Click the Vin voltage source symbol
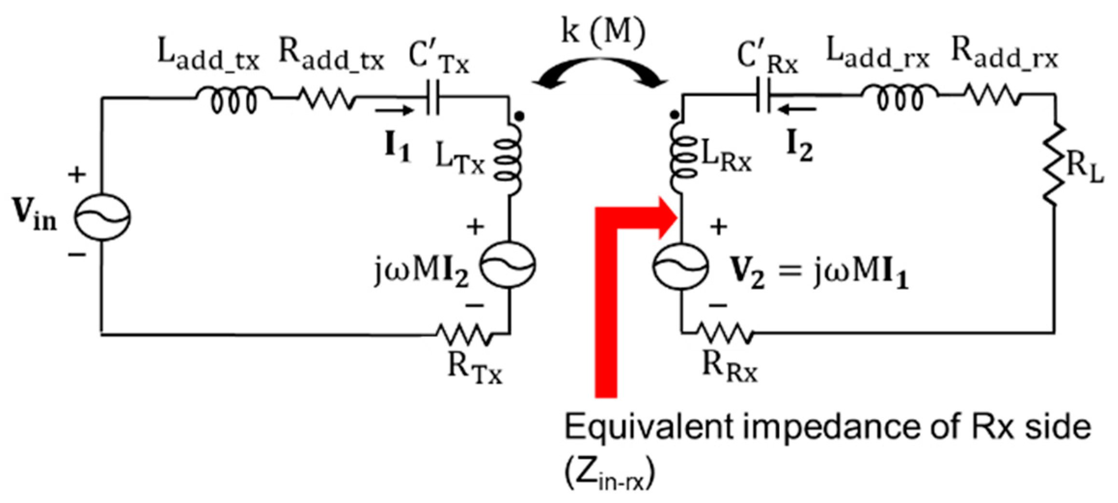102,217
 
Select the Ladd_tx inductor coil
234,99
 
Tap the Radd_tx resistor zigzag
328,98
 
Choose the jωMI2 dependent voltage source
509,265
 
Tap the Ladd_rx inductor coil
900,98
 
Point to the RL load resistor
1055,164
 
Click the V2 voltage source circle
681,266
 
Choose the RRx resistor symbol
724,333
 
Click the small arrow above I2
799,110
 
